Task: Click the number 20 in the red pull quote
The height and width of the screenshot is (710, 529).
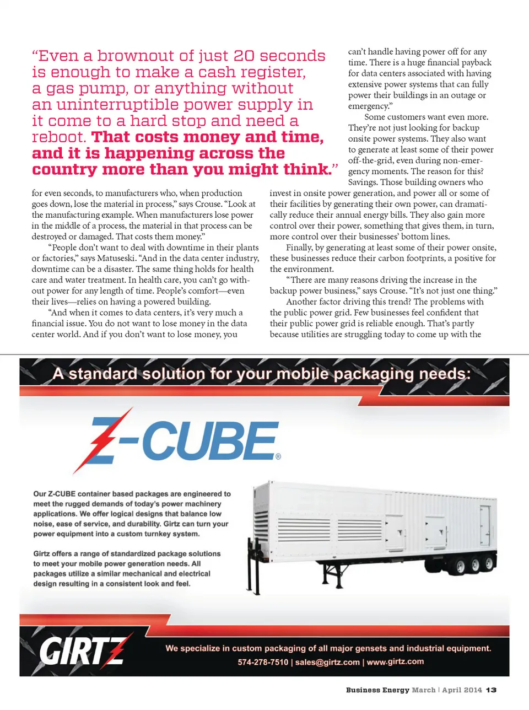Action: tap(244, 56)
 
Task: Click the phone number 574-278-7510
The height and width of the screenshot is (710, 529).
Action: tap(263, 662)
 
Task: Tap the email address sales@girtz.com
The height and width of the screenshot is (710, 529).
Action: tap(327, 662)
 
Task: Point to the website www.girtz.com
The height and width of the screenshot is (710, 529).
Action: tap(395, 661)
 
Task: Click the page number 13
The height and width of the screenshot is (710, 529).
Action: tap(491, 690)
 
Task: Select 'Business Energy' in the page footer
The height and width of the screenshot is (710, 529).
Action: tap(377, 690)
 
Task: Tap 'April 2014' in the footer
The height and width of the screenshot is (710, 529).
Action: tap(462, 690)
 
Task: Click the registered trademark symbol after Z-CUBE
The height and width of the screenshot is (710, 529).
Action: tap(278, 456)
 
